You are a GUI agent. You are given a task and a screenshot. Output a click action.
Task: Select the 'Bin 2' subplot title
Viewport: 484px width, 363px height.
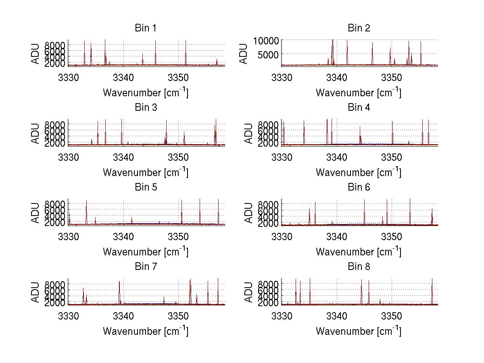[x=359, y=28]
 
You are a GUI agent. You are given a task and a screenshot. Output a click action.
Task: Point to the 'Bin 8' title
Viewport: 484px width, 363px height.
[x=359, y=267]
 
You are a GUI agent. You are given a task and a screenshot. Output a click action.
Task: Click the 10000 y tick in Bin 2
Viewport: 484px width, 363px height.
[x=265, y=40]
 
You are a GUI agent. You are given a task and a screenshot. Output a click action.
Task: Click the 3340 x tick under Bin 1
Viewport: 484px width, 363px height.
[x=123, y=76]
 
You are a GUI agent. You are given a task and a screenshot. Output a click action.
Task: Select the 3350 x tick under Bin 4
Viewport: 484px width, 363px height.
[x=392, y=156]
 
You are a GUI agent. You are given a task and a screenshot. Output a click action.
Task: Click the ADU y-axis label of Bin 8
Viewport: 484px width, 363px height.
[x=248, y=291]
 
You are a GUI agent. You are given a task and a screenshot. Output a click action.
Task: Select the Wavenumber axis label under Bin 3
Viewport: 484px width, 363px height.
[x=145, y=172]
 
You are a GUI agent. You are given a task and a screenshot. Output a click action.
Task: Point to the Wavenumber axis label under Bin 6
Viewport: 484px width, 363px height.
[x=359, y=251]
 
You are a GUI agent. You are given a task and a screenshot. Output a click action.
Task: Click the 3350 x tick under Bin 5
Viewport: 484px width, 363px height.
[x=179, y=235]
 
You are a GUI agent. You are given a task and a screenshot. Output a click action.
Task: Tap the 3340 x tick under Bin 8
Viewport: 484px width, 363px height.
[x=336, y=315]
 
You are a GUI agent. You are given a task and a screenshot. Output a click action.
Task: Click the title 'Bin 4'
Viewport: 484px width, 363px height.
[x=359, y=108]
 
